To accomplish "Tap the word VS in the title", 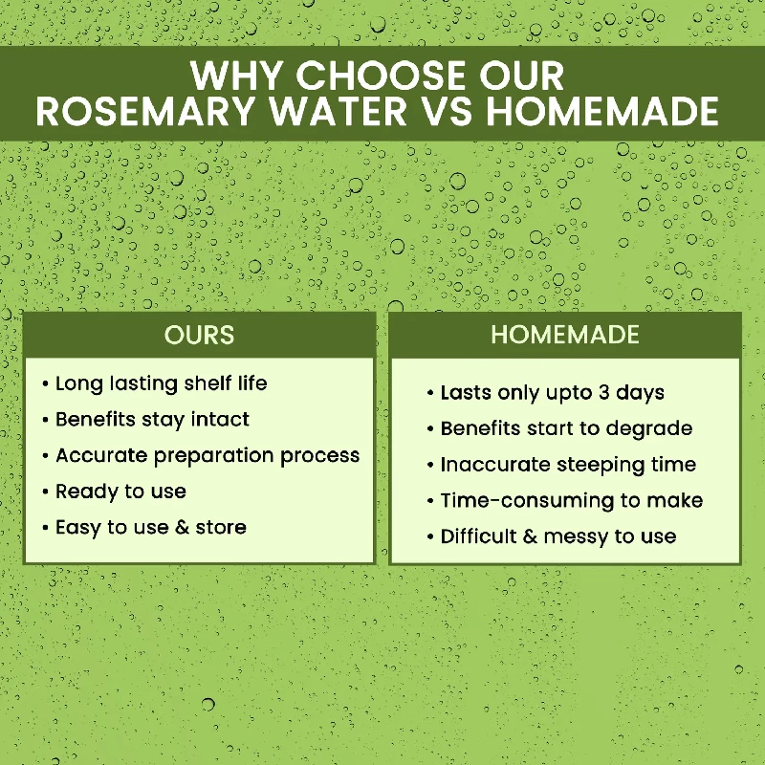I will [445, 112].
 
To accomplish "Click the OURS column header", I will [199, 336].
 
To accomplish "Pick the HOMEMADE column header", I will [565, 336].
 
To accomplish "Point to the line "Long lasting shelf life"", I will [161, 383].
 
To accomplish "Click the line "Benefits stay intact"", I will [152, 419].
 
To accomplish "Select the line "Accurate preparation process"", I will [208, 455].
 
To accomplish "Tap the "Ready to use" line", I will [120, 492].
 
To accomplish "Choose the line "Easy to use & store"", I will [150, 527].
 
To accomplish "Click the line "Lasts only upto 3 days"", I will [552, 393].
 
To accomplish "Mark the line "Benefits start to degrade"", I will [566, 429].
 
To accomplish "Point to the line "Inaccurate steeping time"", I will [568, 465].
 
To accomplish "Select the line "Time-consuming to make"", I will [571, 500].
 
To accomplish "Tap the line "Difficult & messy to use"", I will [558, 536].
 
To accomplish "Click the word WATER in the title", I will [339, 112].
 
